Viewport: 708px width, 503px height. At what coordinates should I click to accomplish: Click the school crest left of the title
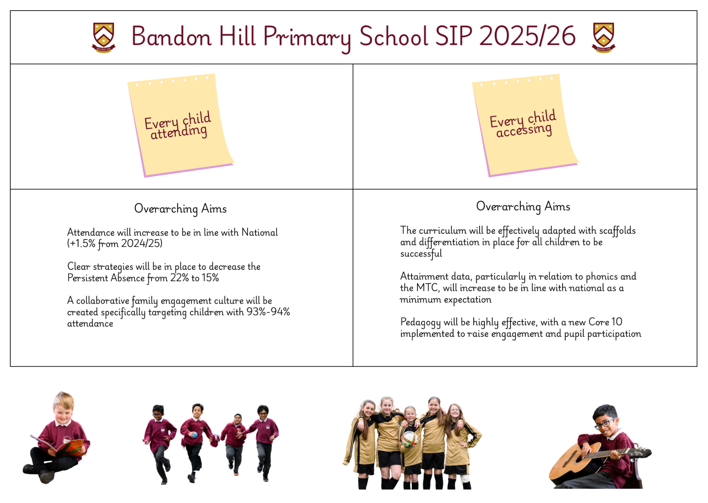click(103, 38)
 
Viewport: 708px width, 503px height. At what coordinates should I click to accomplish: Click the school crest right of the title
click(604, 38)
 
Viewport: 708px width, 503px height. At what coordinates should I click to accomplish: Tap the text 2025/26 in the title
click(527, 36)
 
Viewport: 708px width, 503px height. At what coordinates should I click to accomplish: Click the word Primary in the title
click(307, 38)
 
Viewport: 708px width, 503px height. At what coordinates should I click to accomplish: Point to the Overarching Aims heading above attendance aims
click(180, 208)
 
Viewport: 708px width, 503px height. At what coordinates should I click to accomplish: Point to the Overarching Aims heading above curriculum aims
click(523, 206)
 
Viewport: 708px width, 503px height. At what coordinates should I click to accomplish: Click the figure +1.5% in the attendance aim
click(82, 244)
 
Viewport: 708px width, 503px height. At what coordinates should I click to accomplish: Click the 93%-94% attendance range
click(268, 312)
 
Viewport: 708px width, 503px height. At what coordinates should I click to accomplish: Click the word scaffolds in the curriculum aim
click(617, 231)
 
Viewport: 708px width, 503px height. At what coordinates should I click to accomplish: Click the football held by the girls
click(410, 439)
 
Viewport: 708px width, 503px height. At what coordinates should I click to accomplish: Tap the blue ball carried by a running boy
click(194, 435)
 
